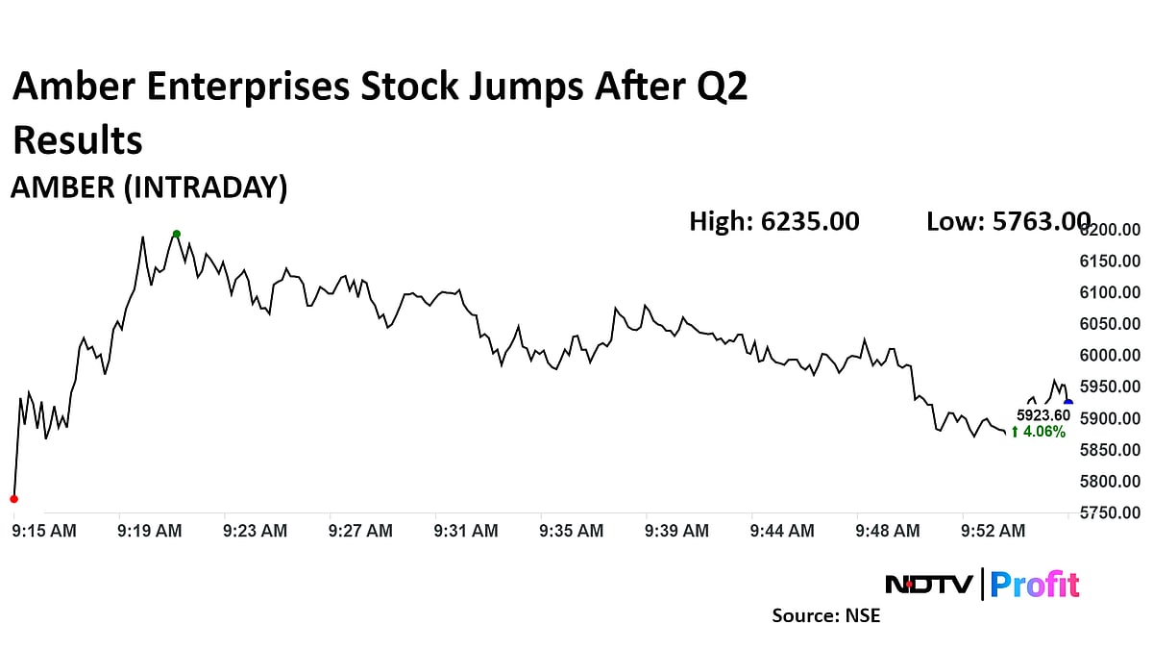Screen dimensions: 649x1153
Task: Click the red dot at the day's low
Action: pyautogui.click(x=13, y=498)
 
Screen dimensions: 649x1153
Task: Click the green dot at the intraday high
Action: pyautogui.click(x=177, y=234)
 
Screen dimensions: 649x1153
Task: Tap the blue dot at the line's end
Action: pyautogui.click(x=1068, y=403)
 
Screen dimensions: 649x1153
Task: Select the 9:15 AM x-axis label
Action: pyautogui.click(x=45, y=531)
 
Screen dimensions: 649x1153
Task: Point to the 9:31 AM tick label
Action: pyautogui.click(x=466, y=531)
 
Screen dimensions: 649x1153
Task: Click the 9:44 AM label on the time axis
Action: pyautogui.click(x=782, y=531)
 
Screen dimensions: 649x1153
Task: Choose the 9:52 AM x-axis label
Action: pyautogui.click(x=994, y=531)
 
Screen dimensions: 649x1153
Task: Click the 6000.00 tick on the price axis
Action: pyautogui.click(x=1111, y=356)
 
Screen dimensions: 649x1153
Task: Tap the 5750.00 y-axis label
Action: pyautogui.click(x=1111, y=513)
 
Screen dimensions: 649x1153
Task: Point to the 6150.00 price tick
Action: pyautogui.click(x=1111, y=262)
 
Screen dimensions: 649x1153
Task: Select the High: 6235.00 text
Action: pyautogui.click(x=774, y=222)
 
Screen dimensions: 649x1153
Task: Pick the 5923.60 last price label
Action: pyautogui.click(x=1043, y=415)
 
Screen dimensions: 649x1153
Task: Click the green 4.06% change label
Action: pyautogui.click(x=1040, y=433)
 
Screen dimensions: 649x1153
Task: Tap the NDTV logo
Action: pyautogui.click(x=929, y=584)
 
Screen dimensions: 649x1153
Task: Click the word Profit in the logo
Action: pyautogui.click(x=1035, y=584)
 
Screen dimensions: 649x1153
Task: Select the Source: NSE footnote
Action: pyautogui.click(x=826, y=615)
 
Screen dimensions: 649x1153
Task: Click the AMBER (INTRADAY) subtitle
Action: pyautogui.click(x=149, y=188)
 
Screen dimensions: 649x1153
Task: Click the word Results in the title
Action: pyautogui.click(x=78, y=140)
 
